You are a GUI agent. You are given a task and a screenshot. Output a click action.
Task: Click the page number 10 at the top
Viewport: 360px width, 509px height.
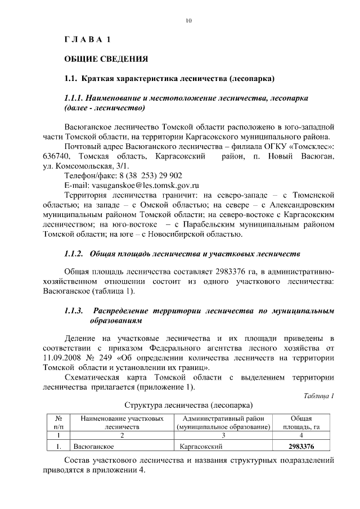[x=188, y=21]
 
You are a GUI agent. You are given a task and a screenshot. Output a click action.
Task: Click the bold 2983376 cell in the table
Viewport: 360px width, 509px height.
[x=301, y=447]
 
